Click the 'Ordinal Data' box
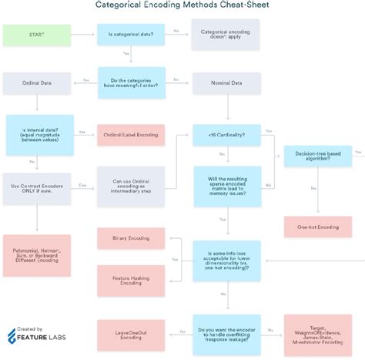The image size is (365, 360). tap(37, 82)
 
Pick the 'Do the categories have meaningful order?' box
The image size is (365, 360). tap(130, 82)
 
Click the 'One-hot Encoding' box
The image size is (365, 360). tap(317, 228)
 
